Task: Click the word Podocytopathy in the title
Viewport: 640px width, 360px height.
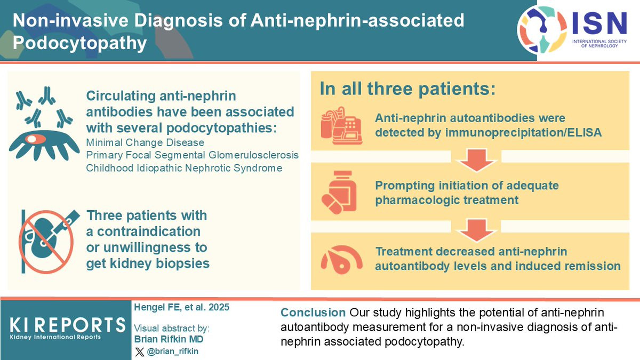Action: coord(80,43)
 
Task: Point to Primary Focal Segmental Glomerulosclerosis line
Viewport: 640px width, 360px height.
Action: coord(192,155)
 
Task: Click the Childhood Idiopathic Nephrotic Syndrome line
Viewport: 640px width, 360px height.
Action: coord(183,168)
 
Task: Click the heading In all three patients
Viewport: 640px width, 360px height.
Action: coord(407,89)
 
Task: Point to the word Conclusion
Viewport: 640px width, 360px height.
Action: coord(313,313)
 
